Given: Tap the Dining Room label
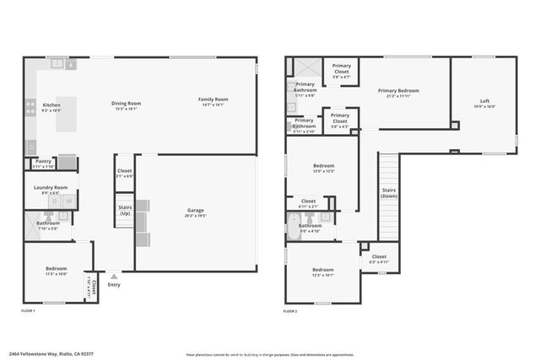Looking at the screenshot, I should pos(127,103).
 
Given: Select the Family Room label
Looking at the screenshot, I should pos(213,99).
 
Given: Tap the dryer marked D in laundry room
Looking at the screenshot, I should pos(54,201).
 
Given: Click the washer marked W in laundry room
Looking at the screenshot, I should pos(68,201).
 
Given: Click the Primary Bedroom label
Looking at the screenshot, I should pos(398,90).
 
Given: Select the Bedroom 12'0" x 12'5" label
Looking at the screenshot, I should pos(324,166).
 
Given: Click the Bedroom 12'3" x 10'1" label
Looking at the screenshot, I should pos(323,270).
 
